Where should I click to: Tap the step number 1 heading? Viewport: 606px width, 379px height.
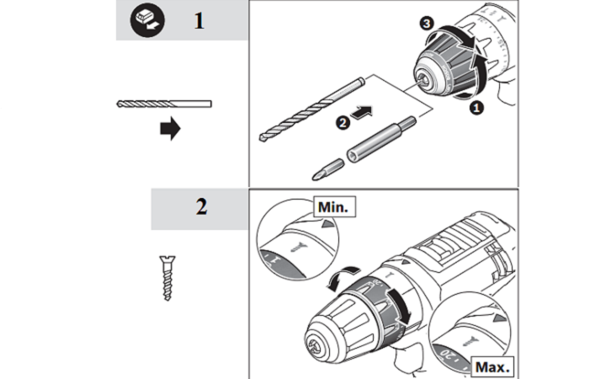(x=199, y=20)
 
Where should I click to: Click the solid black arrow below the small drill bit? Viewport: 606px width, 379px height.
(x=170, y=130)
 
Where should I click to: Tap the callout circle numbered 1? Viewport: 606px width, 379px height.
(x=476, y=109)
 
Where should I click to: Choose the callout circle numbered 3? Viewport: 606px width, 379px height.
(x=426, y=25)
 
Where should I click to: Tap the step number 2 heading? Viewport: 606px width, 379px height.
(x=201, y=208)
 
